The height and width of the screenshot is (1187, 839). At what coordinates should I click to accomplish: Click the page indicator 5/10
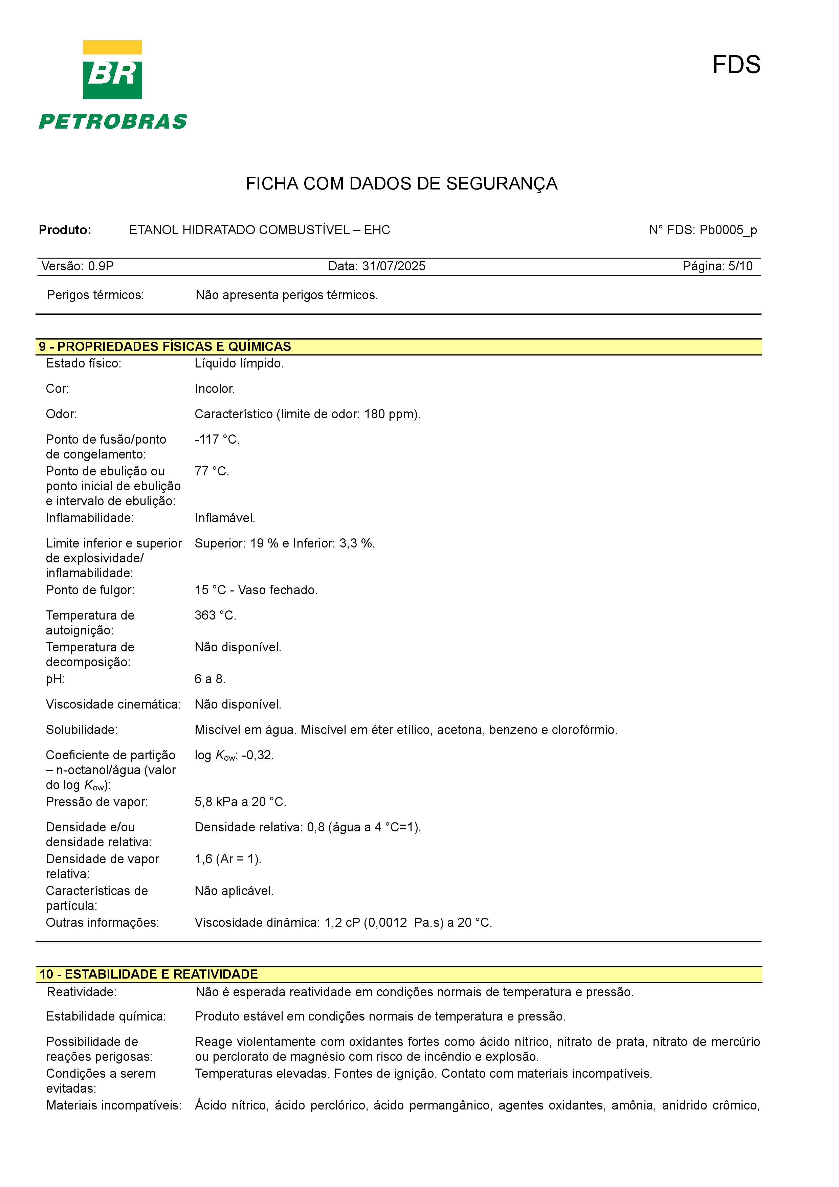point(740,266)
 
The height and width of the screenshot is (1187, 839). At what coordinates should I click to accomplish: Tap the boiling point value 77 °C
point(212,471)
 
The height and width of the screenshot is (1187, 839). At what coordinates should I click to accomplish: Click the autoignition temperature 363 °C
point(215,615)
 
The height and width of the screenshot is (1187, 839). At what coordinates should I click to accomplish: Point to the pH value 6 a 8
point(209,679)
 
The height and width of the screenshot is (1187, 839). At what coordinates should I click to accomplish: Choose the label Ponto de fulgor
point(90,590)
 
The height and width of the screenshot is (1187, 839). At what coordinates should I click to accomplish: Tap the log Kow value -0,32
point(257,755)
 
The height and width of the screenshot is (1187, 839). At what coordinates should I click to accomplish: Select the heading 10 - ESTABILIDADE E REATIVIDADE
point(148,974)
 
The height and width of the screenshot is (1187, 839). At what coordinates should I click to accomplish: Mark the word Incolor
point(215,389)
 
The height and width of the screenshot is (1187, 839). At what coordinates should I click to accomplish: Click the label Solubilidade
point(82,730)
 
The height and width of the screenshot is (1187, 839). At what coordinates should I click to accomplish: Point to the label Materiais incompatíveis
point(114,1105)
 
